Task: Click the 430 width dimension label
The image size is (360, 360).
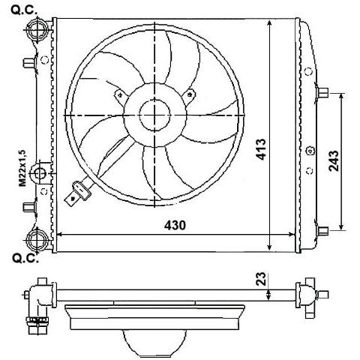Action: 175,225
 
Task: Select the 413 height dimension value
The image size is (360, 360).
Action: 260,149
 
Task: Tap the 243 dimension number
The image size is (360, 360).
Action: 334,160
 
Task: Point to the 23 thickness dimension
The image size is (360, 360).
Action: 261,279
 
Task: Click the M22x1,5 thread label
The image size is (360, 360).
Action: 22,168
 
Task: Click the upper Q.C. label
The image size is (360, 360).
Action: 24,10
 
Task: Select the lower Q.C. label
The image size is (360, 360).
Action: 25,258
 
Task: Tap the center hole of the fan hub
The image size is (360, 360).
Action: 154,115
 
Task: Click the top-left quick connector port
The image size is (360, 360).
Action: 37,30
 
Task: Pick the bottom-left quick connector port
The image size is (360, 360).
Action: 37,240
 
